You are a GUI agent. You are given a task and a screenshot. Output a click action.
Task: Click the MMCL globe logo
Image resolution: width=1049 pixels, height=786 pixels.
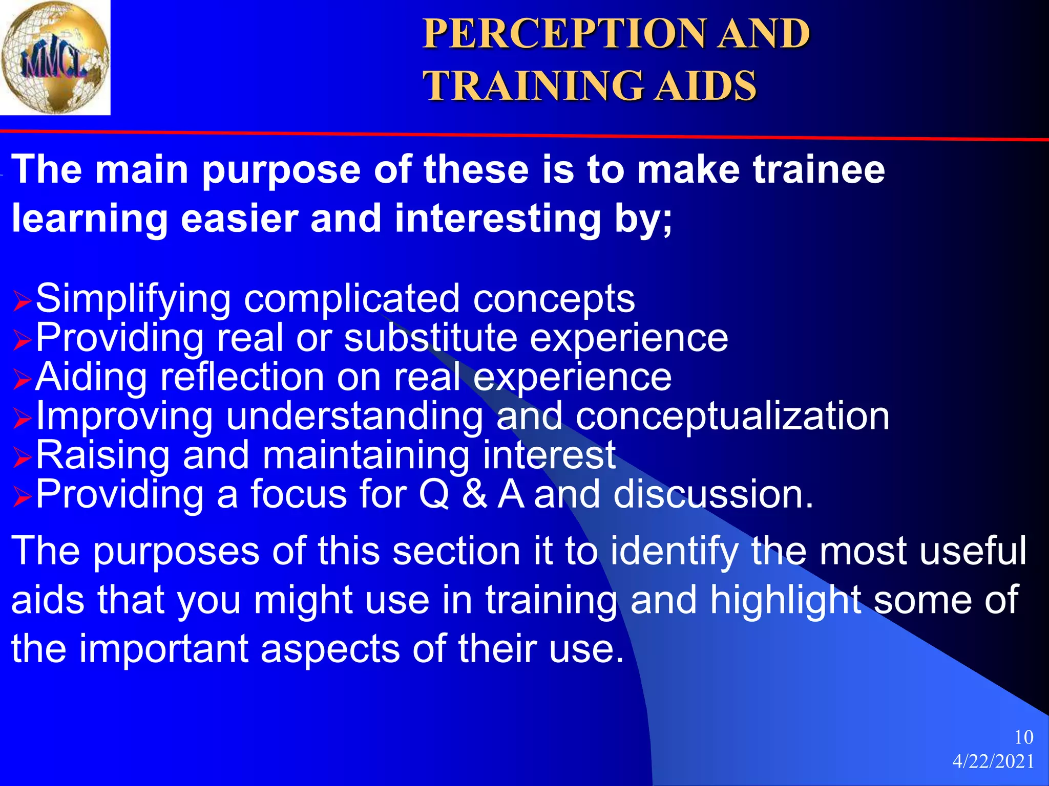click(55, 57)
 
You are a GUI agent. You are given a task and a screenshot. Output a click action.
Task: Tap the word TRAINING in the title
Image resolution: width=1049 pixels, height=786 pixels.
click(533, 86)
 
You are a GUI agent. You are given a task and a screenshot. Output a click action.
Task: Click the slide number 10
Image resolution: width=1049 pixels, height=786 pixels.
click(1023, 737)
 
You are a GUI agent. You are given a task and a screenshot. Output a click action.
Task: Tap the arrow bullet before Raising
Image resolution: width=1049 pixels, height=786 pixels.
click(22, 457)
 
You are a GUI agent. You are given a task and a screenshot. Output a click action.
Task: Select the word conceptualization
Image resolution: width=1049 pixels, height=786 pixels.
click(732, 416)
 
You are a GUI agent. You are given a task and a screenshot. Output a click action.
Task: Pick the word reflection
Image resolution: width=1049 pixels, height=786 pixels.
click(242, 377)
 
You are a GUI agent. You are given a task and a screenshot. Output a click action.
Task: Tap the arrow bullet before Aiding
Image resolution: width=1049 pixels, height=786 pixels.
click(22, 380)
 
